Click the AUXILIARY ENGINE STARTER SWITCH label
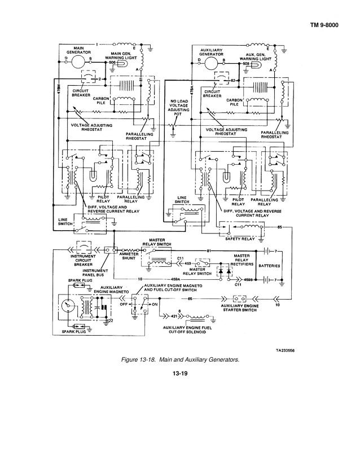(x=240, y=307)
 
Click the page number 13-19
(x=179, y=373)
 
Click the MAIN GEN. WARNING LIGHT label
(x=120, y=55)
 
